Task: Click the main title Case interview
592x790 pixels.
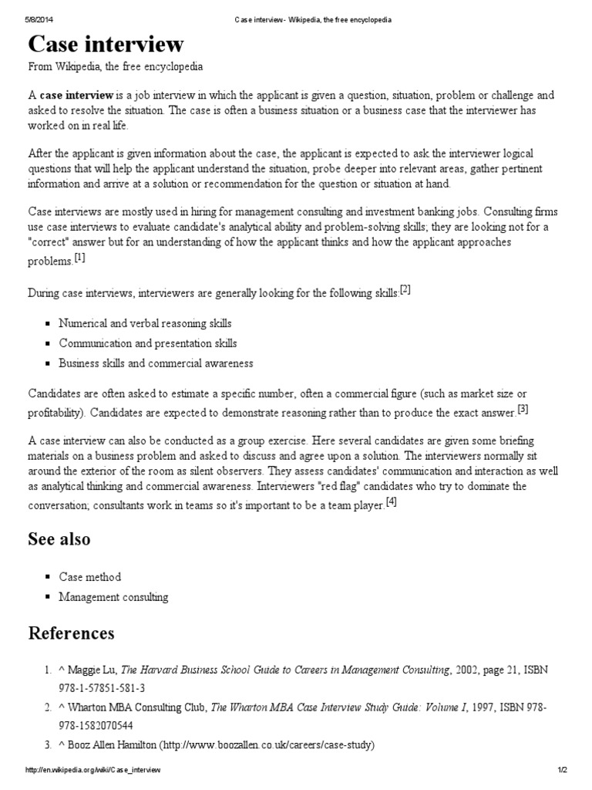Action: click(x=106, y=43)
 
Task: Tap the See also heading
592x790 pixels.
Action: click(x=59, y=538)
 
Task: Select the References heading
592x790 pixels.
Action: click(x=71, y=633)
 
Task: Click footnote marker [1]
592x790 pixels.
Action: click(x=79, y=258)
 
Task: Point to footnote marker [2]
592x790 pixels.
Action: click(x=405, y=289)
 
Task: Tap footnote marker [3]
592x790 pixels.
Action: click(x=523, y=408)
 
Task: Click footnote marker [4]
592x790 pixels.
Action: click(x=391, y=502)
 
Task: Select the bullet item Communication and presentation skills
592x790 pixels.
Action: click(x=148, y=343)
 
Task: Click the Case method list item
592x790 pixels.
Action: click(x=90, y=576)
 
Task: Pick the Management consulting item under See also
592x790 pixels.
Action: click(x=113, y=596)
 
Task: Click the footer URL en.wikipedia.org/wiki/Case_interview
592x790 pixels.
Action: click(x=93, y=771)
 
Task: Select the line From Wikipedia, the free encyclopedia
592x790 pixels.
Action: click(x=116, y=67)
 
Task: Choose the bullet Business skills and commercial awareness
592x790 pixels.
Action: click(x=156, y=363)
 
